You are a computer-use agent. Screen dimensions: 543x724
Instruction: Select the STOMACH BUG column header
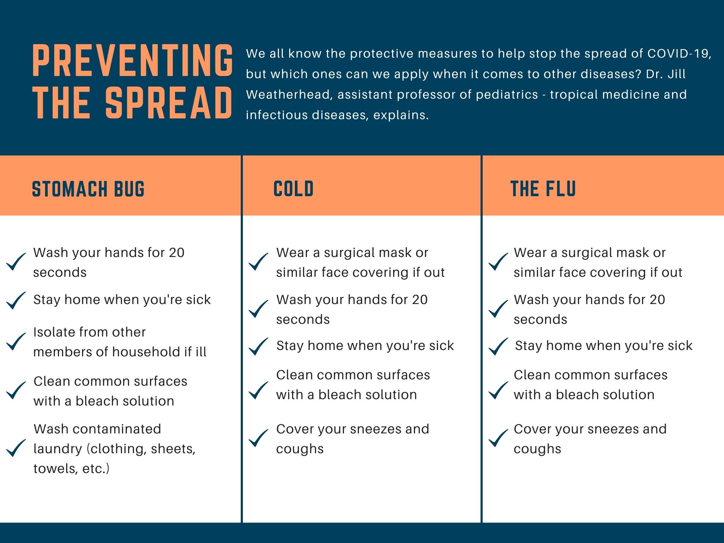pyautogui.click(x=88, y=189)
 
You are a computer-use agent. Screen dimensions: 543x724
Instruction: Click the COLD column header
pyautogui.click(x=293, y=189)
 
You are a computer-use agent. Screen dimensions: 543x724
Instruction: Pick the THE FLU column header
pyautogui.click(x=543, y=189)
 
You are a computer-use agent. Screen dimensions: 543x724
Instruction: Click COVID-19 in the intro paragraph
pyautogui.click(x=679, y=54)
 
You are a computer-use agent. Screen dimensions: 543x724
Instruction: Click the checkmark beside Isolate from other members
pyautogui.click(x=16, y=341)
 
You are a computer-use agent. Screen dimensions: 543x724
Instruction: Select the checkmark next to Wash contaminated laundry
pyautogui.click(x=16, y=448)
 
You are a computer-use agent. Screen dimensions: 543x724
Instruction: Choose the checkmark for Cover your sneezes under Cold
pyautogui.click(x=258, y=438)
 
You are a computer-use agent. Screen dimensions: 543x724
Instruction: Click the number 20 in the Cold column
pyautogui.click(x=420, y=300)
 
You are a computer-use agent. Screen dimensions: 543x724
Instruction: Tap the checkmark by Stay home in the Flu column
pyautogui.click(x=498, y=346)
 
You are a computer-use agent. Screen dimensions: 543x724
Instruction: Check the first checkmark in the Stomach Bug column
pyautogui.click(x=16, y=262)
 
